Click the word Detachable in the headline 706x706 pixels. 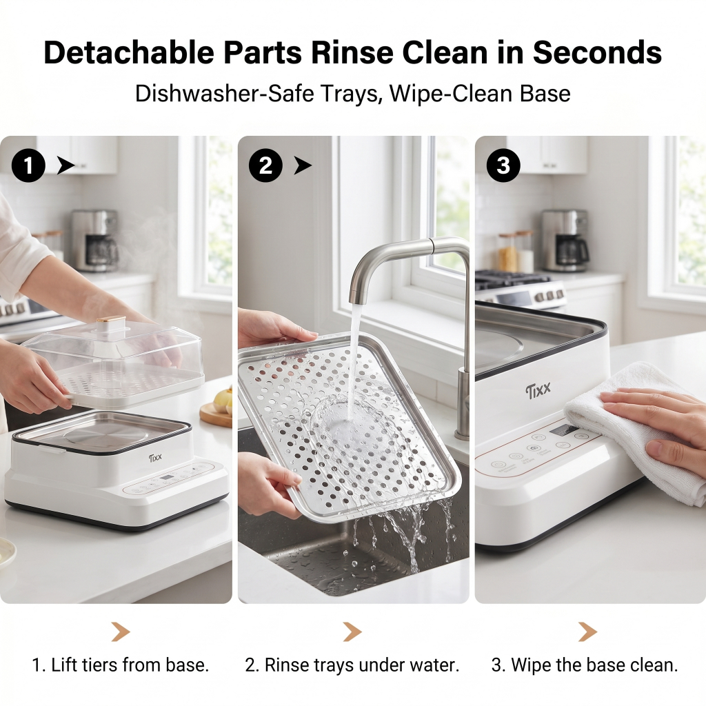129,52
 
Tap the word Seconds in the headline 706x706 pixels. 597,52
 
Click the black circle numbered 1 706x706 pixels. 28,165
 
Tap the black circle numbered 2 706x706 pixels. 265,165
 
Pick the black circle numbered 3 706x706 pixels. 503,165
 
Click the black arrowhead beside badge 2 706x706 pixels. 303,165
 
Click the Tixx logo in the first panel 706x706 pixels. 155,458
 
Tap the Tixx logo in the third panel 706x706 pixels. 538,390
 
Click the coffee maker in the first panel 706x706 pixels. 95,241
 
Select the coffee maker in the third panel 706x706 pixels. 565,241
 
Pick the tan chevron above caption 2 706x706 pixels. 352,632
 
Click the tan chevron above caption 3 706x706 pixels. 587,632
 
